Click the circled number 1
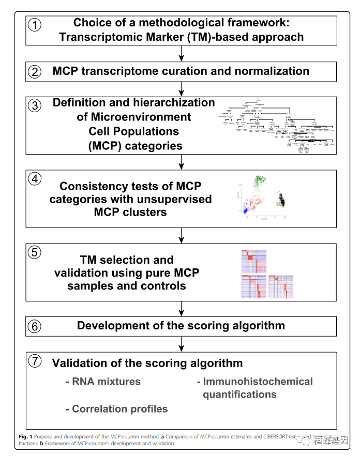pyautogui.click(x=34, y=25)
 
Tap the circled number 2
pyautogui.click(x=34, y=72)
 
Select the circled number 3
pyautogui.click(x=34, y=106)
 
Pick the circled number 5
pyautogui.click(x=34, y=253)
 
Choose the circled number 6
pyautogui.click(x=34, y=326)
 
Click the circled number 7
pyautogui.click(x=34, y=361)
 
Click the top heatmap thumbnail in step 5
pyautogui.click(x=253, y=261)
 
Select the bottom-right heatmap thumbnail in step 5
pyautogui.click(x=281, y=286)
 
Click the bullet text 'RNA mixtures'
pyautogui.click(x=103, y=382)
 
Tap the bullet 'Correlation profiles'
pyautogui.click(x=117, y=409)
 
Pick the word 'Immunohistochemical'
pyautogui.click(x=258, y=382)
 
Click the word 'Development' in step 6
pyautogui.click(x=109, y=326)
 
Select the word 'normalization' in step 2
pyautogui.click(x=272, y=71)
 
